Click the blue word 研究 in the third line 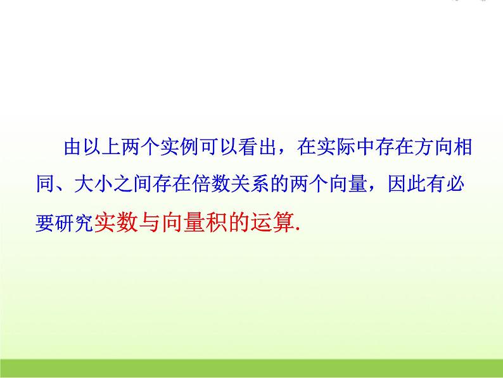pos(78,223)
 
